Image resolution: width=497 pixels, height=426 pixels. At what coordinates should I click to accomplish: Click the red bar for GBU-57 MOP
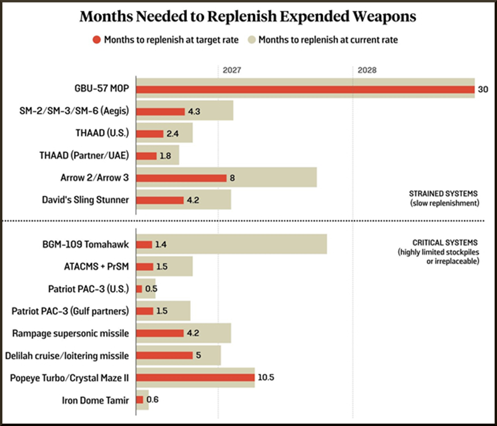click(x=305, y=89)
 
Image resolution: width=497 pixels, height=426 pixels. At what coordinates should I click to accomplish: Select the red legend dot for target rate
click(x=97, y=40)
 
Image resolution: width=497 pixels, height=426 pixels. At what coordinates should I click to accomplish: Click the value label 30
click(x=483, y=89)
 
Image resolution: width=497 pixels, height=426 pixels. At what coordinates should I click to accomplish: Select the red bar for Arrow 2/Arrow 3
click(x=181, y=178)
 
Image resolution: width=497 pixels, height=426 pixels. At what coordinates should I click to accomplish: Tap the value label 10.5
click(x=266, y=377)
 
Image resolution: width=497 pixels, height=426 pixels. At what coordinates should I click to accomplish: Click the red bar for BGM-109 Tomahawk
click(x=144, y=245)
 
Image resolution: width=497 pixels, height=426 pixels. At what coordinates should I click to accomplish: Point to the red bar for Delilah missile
click(x=165, y=355)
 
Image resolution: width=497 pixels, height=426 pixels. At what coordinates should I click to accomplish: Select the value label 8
click(x=232, y=178)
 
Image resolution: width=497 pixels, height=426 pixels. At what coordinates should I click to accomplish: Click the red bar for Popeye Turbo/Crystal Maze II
click(x=195, y=377)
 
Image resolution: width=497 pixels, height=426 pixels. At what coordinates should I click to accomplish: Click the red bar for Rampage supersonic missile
click(x=160, y=333)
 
